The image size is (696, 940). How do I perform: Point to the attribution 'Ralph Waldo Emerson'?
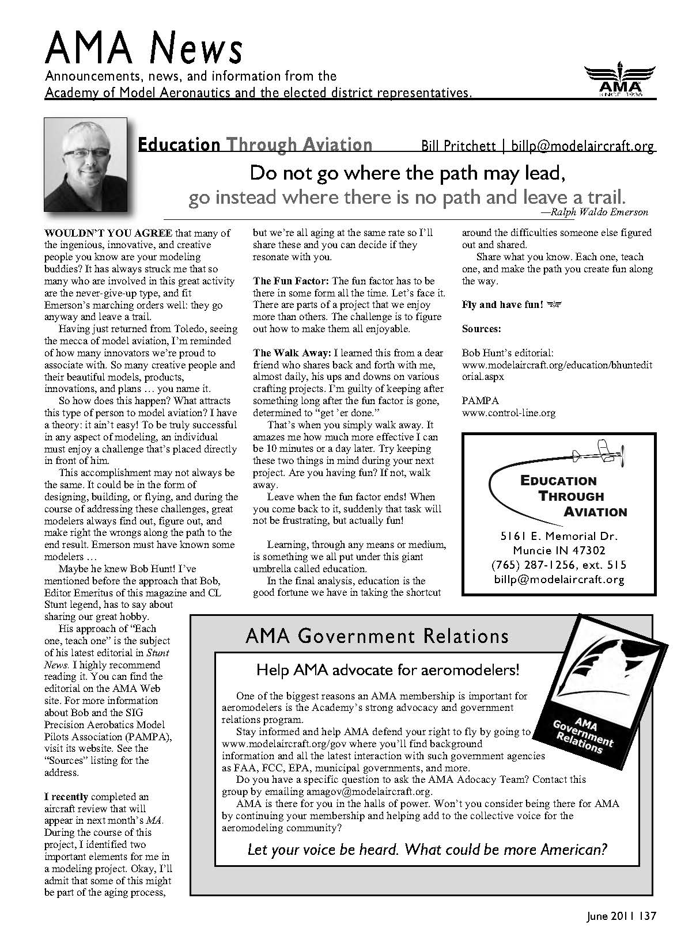tap(599, 212)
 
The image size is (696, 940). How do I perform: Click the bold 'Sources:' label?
tap(482, 329)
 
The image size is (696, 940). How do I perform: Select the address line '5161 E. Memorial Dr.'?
tap(559, 536)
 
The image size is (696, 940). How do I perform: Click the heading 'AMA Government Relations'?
tap(377, 636)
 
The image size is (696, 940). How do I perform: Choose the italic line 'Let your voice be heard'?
tap(427, 849)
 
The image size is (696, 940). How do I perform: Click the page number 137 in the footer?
tap(648, 916)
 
